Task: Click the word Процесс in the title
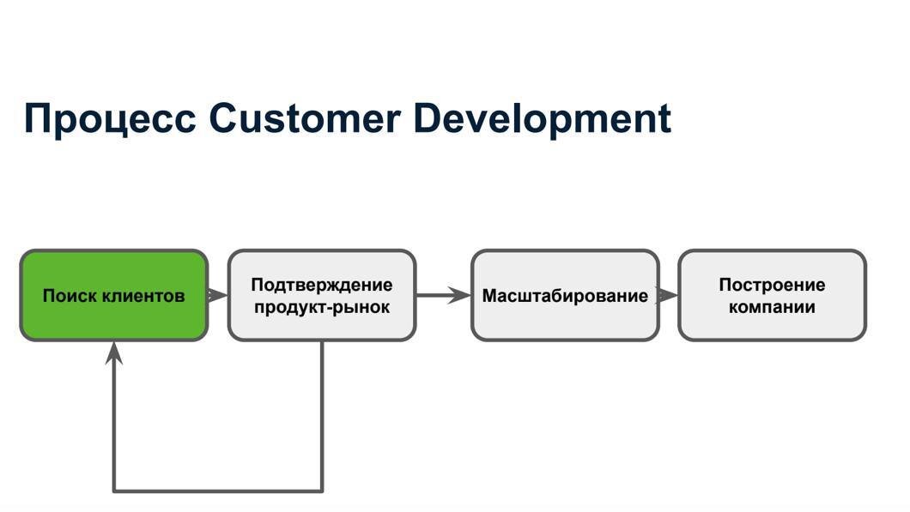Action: (x=109, y=118)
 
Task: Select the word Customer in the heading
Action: (x=305, y=118)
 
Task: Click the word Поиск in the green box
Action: (x=70, y=296)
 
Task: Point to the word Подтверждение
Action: (x=322, y=285)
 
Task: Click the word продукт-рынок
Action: (x=322, y=306)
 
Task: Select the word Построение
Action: (x=772, y=285)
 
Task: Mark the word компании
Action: (x=772, y=306)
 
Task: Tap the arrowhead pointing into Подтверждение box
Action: (x=218, y=295)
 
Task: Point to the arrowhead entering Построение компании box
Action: (x=668, y=295)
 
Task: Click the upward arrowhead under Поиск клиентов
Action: (x=114, y=352)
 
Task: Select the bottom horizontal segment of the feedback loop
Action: (x=218, y=491)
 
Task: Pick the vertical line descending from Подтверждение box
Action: (x=322, y=416)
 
